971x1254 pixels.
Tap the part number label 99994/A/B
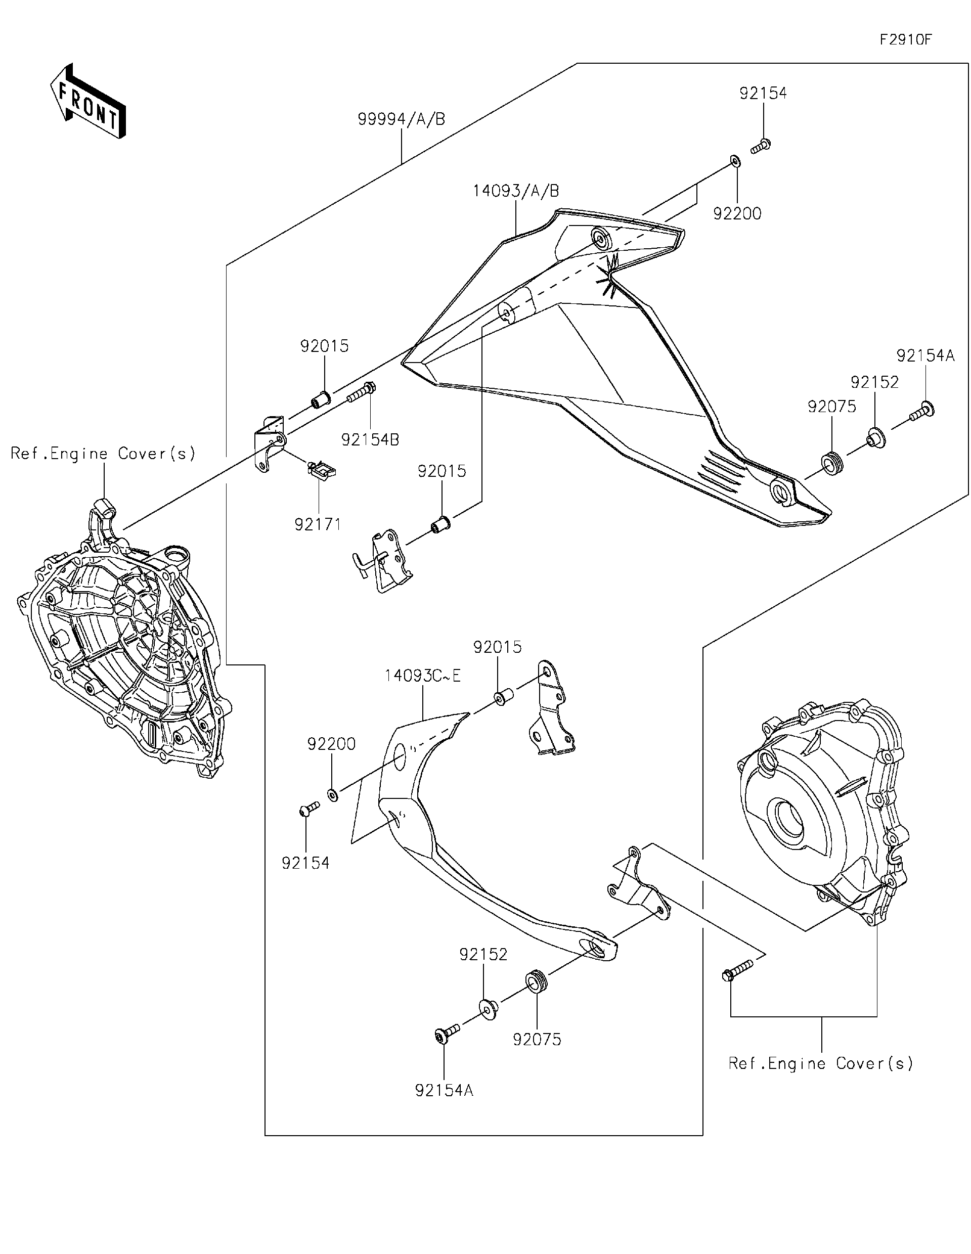coord(402,119)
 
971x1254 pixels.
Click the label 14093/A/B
coord(516,191)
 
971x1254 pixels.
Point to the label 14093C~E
coord(423,676)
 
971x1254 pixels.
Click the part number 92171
coord(318,524)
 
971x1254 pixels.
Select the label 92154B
coord(370,439)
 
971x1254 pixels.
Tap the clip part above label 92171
coord(321,470)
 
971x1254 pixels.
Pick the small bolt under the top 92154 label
coord(760,147)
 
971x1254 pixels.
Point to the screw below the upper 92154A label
coord(922,412)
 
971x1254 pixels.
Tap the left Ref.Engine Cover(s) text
coord(103,454)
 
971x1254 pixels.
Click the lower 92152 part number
coord(483,954)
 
